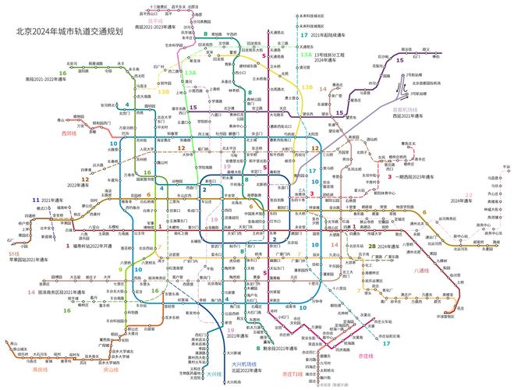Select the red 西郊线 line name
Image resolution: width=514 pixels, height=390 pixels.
(x=69, y=133)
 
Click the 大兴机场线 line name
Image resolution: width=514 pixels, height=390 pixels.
(x=245, y=364)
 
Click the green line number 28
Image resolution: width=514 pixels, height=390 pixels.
(x=373, y=246)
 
